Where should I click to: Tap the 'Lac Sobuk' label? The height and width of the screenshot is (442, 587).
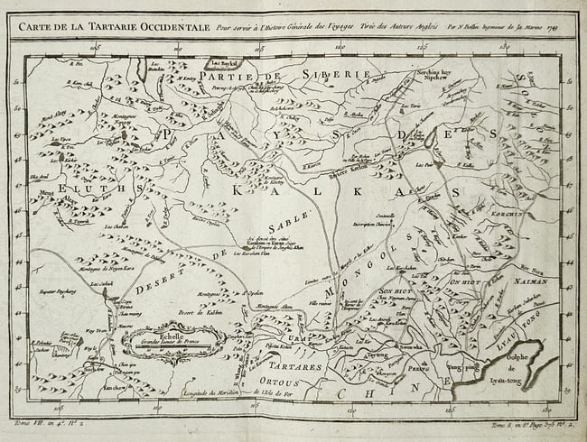100,286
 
